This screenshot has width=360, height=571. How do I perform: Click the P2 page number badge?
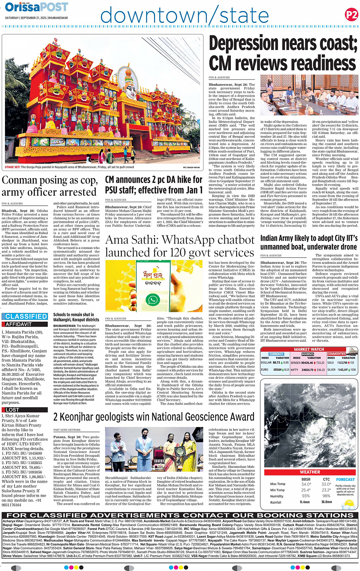[351, 15]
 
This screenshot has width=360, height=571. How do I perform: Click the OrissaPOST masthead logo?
[37, 7]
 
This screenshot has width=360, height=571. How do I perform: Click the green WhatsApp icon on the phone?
[152, 300]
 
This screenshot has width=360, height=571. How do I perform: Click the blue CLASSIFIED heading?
[26, 316]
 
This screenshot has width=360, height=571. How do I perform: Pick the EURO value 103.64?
[277, 370]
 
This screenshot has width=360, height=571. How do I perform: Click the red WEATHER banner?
[310, 472]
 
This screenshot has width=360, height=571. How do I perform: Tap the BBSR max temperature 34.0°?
[306, 484]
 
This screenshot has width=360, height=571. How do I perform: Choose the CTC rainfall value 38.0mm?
[326, 502]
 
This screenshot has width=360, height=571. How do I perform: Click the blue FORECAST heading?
[345, 480]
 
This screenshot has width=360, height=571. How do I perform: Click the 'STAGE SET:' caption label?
[13, 167]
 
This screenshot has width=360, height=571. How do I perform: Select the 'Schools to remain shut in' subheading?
[72, 314]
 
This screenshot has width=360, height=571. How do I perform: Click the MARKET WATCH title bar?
[309, 349]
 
